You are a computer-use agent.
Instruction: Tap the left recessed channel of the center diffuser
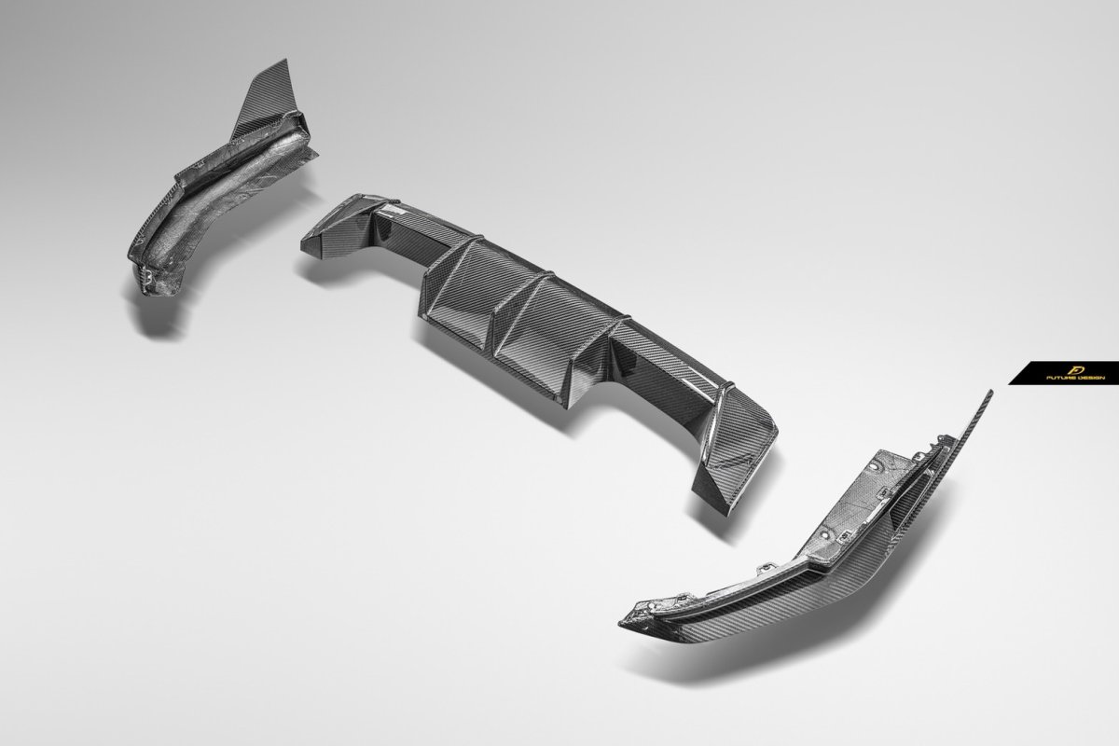(460, 290)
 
